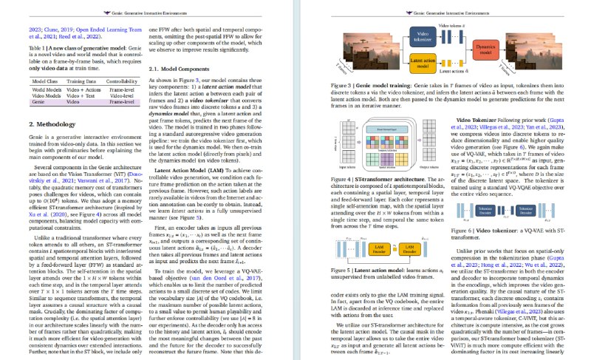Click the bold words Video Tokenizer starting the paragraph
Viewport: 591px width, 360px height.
465,120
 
